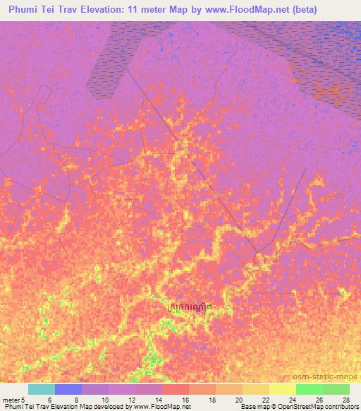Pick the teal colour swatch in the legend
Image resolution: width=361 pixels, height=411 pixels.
pos(41,389)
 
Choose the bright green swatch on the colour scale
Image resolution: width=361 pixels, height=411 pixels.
pos(309,389)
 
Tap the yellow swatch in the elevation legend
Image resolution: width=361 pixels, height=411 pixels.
pos(282,389)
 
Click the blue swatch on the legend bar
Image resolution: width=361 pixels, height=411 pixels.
pos(68,389)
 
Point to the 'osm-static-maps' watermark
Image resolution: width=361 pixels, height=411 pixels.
pos(325,379)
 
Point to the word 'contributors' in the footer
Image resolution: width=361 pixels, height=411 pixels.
pos(341,407)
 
